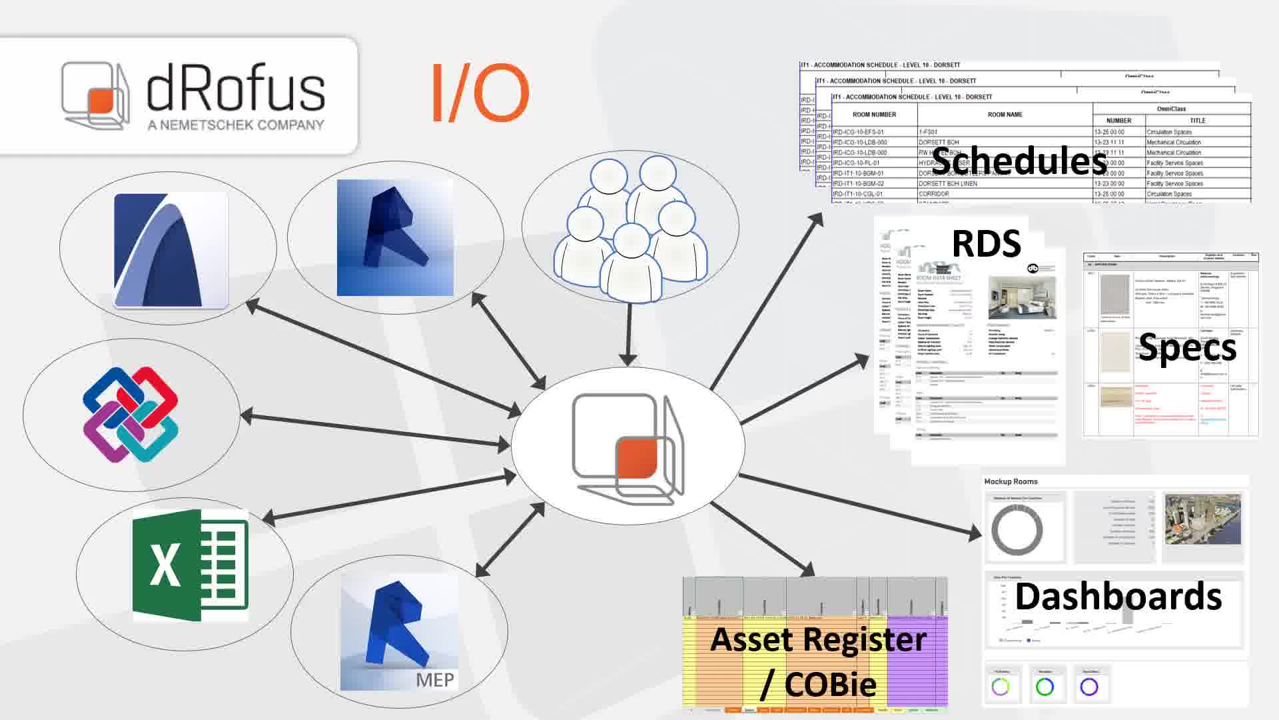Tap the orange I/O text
click(x=480, y=93)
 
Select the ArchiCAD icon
click(x=171, y=250)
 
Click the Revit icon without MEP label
click(x=395, y=238)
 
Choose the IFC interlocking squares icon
click(x=131, y=414)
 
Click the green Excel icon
click(x=190, y=565)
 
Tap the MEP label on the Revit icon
click(x=435, y=679)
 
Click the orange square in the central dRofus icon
click(x=636, y=458)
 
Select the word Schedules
click(x=1019, y=161)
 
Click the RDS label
click(x=986, y=244)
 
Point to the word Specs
click(x=1187, y=347)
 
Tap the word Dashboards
click(x=1118, y=597)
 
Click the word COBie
click(x=830, y=684)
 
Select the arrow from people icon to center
click(x=628, y=333)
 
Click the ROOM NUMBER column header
click(x=874, y=115)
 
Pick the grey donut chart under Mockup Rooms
click(x=1017, y=531)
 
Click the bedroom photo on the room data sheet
click(x=1022, y=297)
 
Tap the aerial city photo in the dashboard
click(x=1202, y=519)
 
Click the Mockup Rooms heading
click(x=1011, y=481)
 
